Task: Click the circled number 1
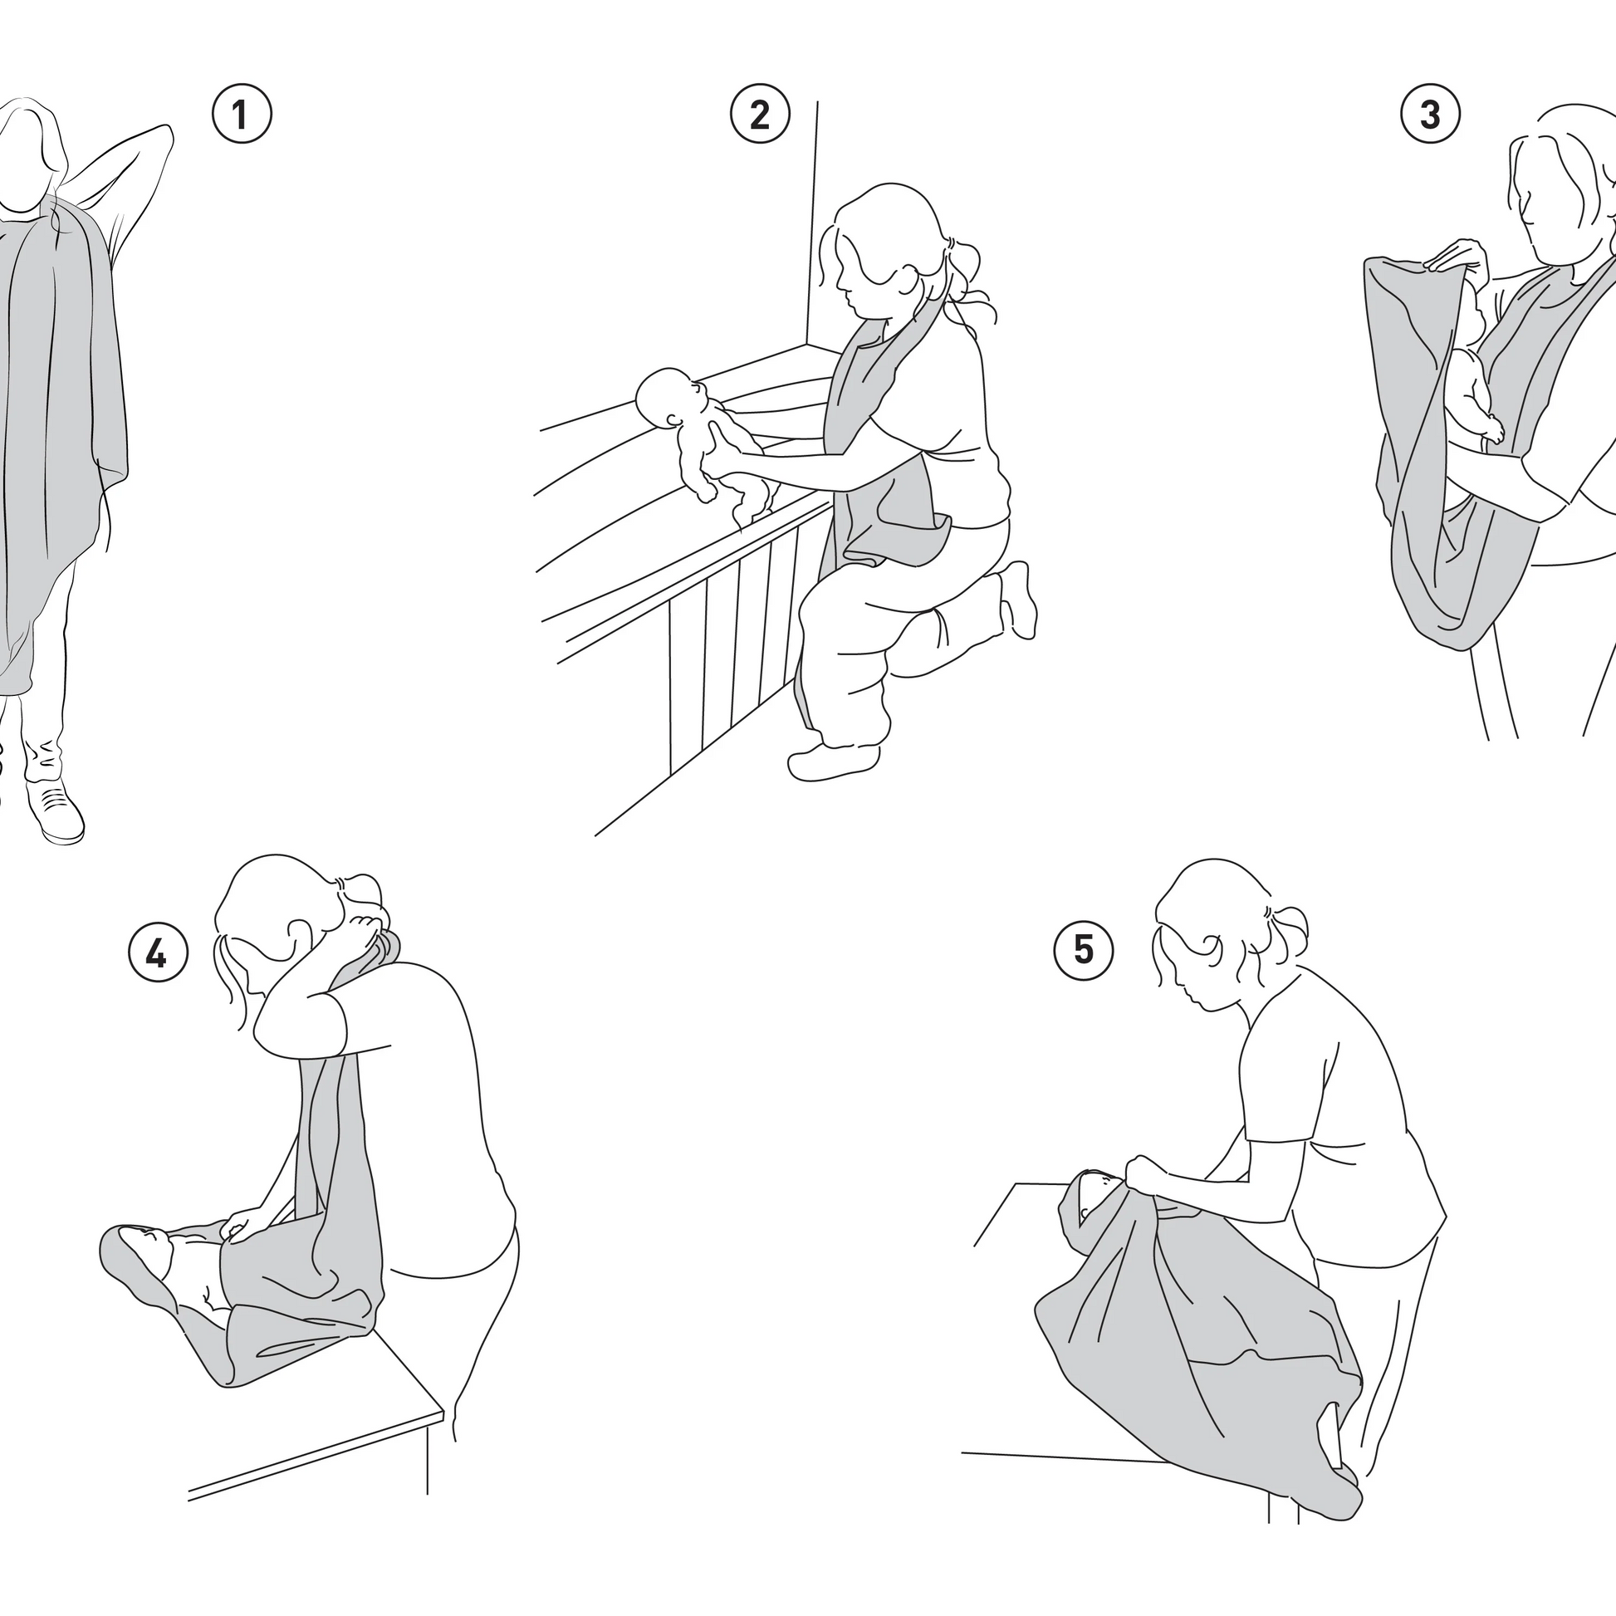click(241, 115)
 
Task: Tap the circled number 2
click(760, 115)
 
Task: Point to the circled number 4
click(157, 952)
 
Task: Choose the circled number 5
click(1083, 950)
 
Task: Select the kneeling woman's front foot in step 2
click(832, 758)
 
